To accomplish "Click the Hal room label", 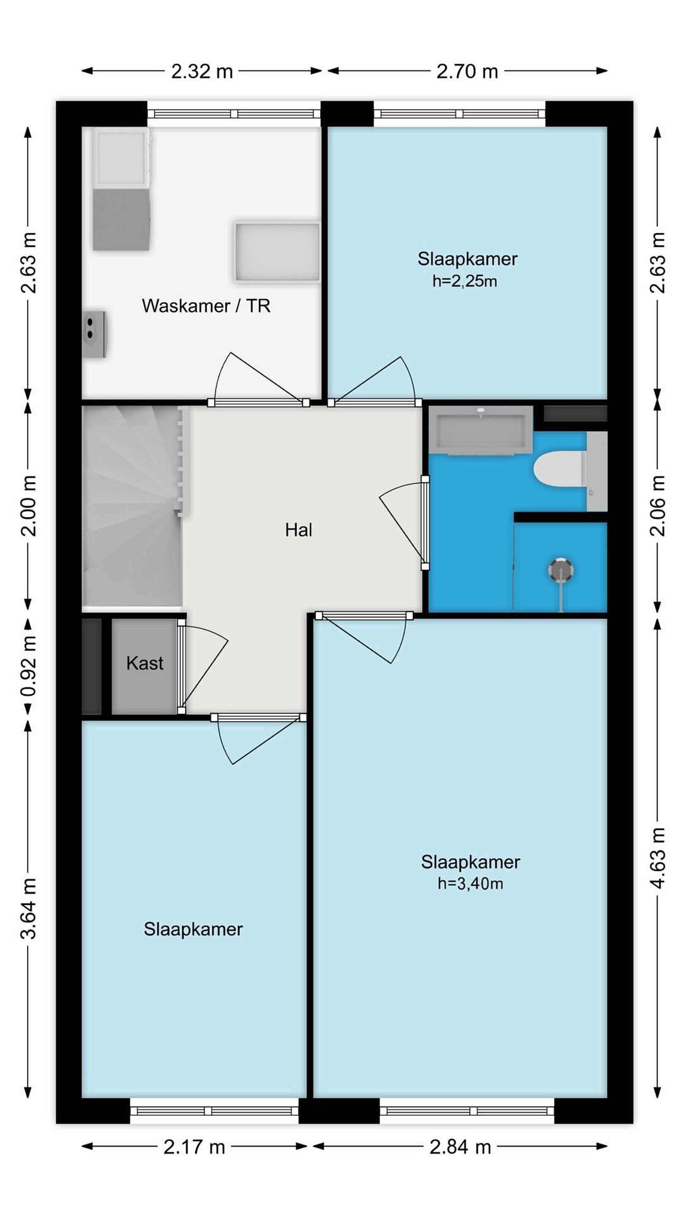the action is (298, 529).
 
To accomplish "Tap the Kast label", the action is (145, 663).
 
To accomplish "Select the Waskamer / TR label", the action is (206, 306).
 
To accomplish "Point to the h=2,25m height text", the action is (464, 281).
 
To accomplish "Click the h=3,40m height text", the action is (470, 883).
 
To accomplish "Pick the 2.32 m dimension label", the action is (202, 71).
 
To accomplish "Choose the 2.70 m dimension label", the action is (467, 71).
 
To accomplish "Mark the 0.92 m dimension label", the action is (28, 666).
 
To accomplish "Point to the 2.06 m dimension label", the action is (658, 505).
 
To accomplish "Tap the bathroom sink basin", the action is (481, 430).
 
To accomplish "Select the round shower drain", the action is (561, 570).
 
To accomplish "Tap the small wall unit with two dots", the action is (95, 334).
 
